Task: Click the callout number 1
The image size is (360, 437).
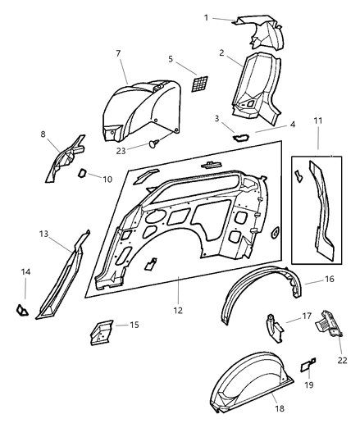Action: click(206, 16)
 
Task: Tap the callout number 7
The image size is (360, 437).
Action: click(119, 54)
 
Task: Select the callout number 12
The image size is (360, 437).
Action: click(177, 311)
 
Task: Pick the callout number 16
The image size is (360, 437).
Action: click(330, 280)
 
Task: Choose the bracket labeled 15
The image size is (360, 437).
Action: click(100, 330)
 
